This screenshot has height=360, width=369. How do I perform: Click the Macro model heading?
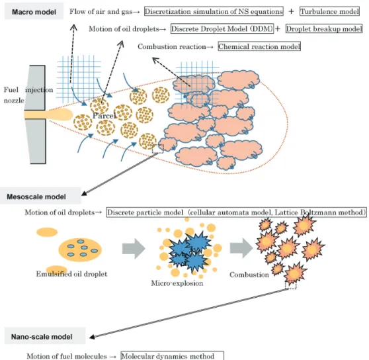coord(34,12)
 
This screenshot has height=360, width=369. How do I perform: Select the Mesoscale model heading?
coord(36,197)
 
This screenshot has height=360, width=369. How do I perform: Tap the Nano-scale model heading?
coord(42,337)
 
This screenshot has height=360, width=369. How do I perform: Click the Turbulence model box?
coord(329,11)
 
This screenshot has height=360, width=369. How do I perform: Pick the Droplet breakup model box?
coord(324,28)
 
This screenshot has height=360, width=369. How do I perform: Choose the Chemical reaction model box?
coord(259,46)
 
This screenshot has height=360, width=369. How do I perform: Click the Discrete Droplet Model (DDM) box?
coord(222,28)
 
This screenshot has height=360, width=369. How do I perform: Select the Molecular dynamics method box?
coord(172,355)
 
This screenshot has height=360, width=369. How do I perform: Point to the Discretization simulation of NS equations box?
coord(214,11)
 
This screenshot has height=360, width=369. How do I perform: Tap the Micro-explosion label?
coord(177,283)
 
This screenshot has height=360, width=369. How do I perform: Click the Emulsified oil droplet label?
coord(71,274)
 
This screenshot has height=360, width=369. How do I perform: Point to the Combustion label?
coord(249,275)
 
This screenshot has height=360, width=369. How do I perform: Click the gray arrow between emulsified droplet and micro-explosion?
coord(134,248)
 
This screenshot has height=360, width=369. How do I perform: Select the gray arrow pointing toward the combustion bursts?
coord(241,248)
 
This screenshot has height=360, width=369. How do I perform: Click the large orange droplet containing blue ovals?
coord(80,249)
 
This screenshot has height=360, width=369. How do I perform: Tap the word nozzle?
coord(14,101)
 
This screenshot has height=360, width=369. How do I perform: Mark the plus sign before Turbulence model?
coord(292,11)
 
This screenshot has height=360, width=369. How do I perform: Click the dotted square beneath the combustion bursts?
coord(290,285)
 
